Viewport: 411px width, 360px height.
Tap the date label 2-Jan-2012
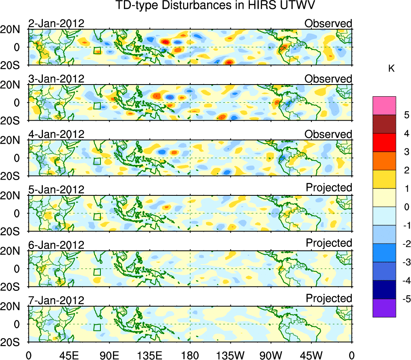(x=56, y=23)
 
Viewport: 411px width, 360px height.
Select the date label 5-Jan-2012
(x=56, y=190)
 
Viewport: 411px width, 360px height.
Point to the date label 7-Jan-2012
(x=56, y=301)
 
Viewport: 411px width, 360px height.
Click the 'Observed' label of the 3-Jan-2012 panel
(x=328, y=79)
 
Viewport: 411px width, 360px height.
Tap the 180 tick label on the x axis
(x=190, y=355)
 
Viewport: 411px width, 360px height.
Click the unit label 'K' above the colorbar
(x=392, y=69)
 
